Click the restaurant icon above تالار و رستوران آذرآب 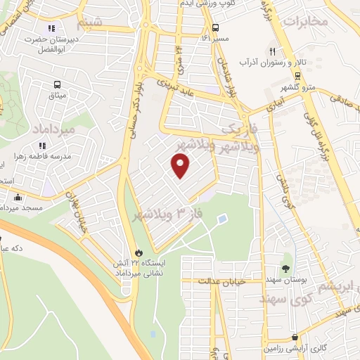(x=273, y=51)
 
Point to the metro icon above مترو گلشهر (x=298, y=76)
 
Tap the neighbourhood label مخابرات (x=305, y=22)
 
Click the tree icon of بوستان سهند (x=285, y=269)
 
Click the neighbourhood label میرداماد (x=53, y=128)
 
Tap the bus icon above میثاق (x=57, y=84)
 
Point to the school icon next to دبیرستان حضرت (x=51, y=29)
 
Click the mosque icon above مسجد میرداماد (x=17, y=198)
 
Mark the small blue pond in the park (x=222, y=219)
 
